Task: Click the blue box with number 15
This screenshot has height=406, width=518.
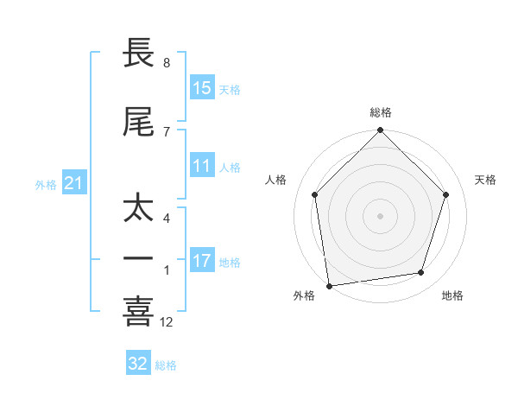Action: point(202,88)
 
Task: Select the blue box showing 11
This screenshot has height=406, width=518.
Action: point(202,167)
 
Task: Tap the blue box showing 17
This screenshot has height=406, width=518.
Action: point(202,261)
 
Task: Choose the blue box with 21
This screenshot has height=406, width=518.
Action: point(73,184)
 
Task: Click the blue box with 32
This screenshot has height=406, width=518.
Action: point(138,364)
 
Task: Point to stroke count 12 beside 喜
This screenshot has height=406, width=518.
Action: point(167,322)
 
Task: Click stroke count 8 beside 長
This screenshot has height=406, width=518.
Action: point(167,63)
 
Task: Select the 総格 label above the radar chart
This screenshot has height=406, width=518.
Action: point(381,112)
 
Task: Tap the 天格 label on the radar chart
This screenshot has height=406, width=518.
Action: point(486,180)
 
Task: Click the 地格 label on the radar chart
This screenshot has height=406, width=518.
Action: point(452,296)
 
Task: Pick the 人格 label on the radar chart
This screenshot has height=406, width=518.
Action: point(275,180)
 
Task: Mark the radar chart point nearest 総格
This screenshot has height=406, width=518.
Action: point(381,131)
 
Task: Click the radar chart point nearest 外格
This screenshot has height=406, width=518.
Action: point(329,285)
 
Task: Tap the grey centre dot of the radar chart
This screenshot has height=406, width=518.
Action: point(381,215)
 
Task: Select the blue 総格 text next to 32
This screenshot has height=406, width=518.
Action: point(167,365)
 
